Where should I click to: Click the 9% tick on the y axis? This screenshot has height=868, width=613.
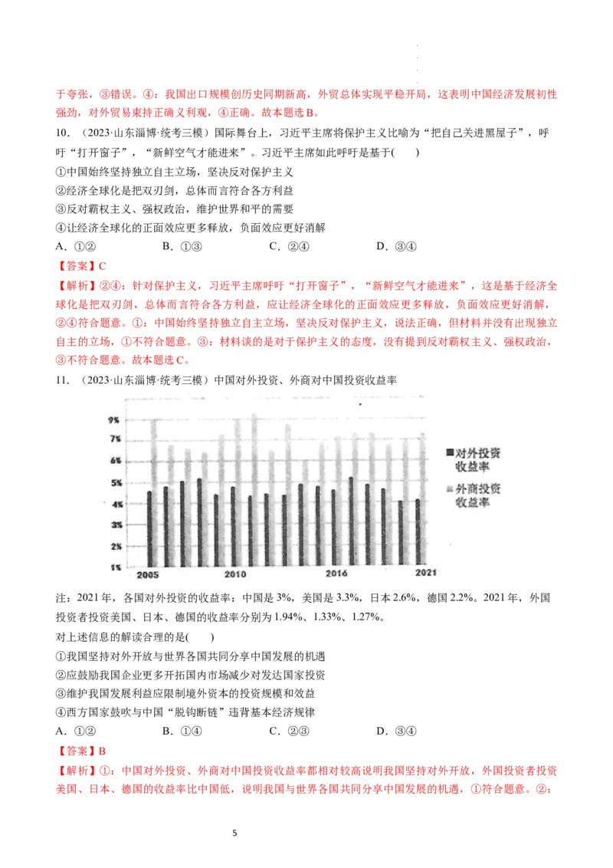pos(113,421)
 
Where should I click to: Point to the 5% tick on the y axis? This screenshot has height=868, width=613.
pos(113,483)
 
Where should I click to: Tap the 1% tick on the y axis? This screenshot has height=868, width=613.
pos(113,567)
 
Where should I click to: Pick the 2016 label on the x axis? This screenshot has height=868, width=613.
pos(336,574)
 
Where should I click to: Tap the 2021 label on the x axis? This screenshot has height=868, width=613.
pos(426,574)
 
